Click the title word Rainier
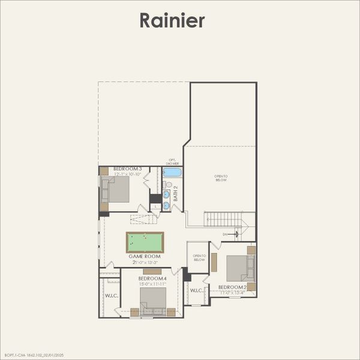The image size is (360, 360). (172, 20)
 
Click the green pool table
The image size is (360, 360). (145, 242)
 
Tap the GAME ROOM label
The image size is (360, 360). (144, 256)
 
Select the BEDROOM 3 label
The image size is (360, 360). (127, 169)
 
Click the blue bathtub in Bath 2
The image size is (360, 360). (172, 172)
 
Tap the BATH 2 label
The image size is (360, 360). (176, 193)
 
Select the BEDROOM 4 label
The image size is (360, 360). (152, 278)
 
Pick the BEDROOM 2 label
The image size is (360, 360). (233, 287)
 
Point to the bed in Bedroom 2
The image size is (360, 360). (239, 268)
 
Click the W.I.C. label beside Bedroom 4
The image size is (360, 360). (111, 295)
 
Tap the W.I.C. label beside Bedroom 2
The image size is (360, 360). (197, 290)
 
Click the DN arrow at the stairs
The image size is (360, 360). (235, 234)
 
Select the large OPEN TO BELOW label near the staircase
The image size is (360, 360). (221, 178)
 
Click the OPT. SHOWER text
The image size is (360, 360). (172, 162)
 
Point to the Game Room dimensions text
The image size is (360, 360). (144, 262)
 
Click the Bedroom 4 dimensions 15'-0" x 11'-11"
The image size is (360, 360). (152, 284)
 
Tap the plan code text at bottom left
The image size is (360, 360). (34, 355)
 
